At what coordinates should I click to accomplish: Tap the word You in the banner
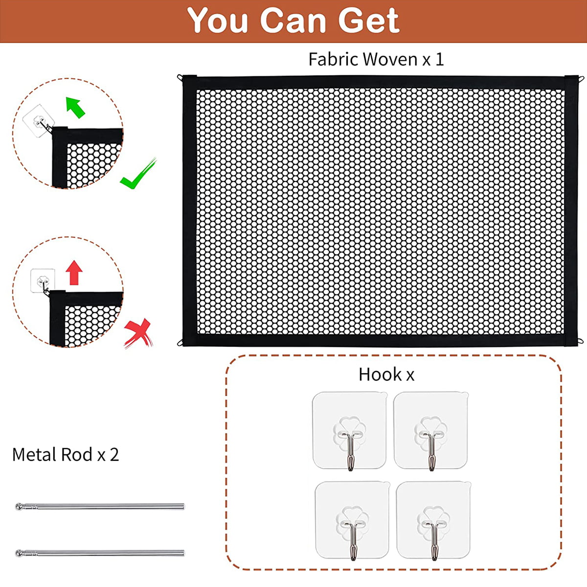pos(217,21)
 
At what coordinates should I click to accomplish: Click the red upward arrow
pos(74,272)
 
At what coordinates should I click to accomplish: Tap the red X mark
pos(138,333)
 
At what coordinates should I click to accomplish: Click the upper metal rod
pos(100,506)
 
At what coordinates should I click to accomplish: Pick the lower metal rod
pos(100,553)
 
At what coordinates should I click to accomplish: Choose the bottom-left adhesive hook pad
pos(352,520)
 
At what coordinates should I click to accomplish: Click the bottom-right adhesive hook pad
pos(433,520)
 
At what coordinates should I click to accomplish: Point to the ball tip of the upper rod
pos(19,506)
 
